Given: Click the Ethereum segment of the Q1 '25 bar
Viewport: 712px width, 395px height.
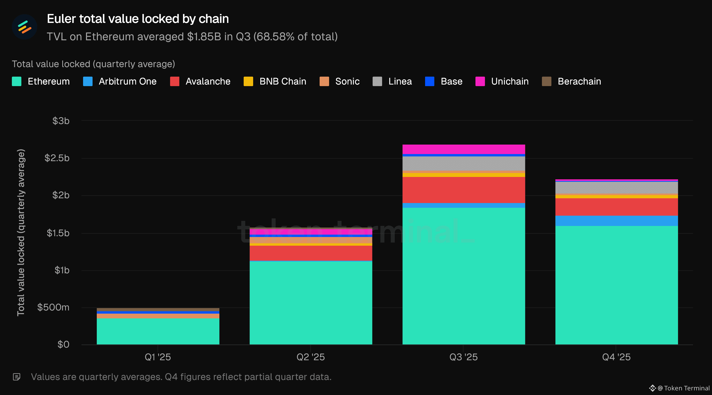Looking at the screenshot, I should tap(158, 331).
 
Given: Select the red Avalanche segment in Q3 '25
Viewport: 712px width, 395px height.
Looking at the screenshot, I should tap(464, 190).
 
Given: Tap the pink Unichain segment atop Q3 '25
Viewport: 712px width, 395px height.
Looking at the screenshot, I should tap(464, 149).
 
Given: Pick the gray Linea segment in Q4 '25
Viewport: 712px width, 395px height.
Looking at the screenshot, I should tap(616, 188).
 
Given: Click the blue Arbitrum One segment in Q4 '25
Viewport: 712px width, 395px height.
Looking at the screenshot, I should tap(616, 221).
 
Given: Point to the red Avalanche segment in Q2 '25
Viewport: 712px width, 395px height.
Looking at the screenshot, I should tap(311, 253).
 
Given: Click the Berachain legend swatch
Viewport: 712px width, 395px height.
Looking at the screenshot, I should tap(546, 81).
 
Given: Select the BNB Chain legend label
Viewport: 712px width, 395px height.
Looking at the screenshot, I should tap(282, 81).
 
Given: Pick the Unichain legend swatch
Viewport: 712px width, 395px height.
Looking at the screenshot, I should tap(480, 81).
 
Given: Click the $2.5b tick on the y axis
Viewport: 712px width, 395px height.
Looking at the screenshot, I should tap(57, 158).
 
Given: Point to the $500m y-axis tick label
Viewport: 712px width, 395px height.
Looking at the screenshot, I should tap(53, 307).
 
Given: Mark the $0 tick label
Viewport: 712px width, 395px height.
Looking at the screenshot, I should tap(63, 344).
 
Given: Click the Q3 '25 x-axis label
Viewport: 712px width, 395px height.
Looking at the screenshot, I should tap(464, 357).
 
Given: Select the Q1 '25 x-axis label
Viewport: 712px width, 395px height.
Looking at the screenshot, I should tap(158, 357).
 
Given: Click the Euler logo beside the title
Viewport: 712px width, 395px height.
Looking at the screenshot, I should tap(25, 27).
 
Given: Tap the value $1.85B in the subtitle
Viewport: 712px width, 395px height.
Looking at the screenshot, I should tap(204, 37).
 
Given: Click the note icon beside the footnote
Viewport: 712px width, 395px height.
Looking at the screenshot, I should tap(17, 377).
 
